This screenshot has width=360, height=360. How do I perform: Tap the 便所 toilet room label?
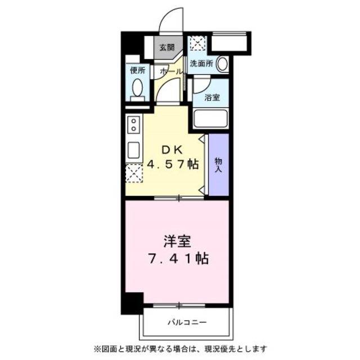(138, 71)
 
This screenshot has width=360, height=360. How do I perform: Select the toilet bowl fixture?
(138, 88)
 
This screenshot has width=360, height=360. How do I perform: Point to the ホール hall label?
(170, 72)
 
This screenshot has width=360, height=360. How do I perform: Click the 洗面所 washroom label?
(201, 64)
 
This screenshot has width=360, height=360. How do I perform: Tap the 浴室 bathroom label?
(211, 97)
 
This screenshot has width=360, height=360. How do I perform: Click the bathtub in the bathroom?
(210, 119)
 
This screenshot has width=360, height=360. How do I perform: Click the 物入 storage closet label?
(218, 164)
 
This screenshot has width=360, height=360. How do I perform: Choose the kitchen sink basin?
(134, 150)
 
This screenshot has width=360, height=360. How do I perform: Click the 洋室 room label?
(177, 242)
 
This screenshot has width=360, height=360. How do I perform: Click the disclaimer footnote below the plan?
(180, 348)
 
